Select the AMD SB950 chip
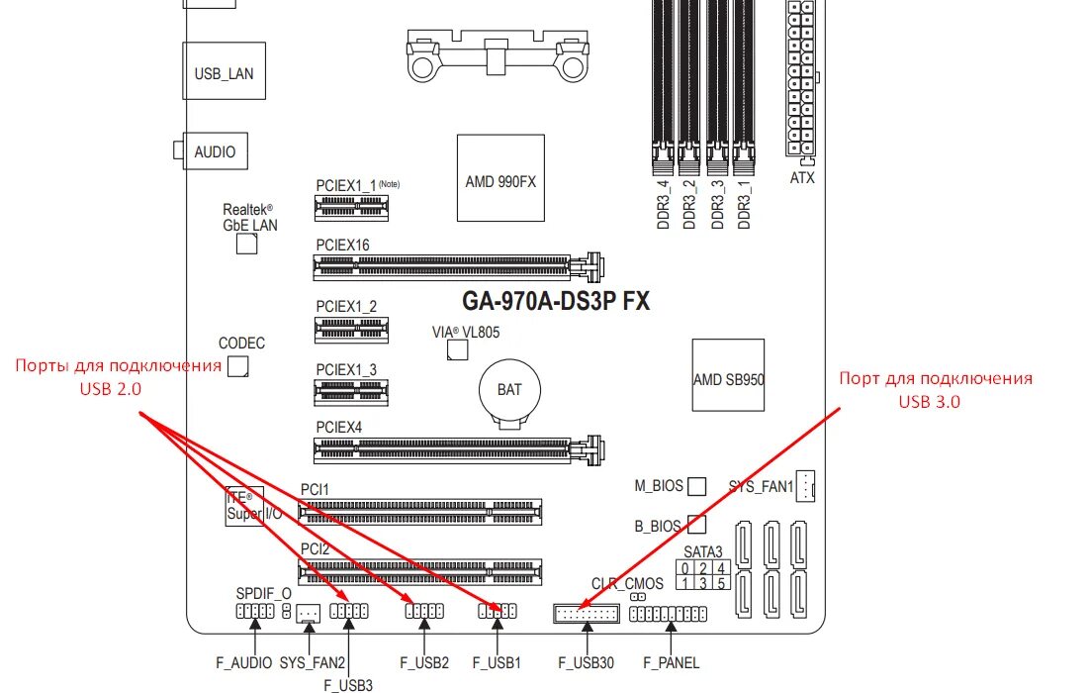click(x=728, y=377)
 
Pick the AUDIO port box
click(x=215, y=151)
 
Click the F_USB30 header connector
click(x=586, y=614)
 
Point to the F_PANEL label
click(x=671, y=662)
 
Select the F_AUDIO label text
click(x=243, y=662)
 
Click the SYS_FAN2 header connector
click(x=308, y=614)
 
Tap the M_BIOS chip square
click(x=697, y=486)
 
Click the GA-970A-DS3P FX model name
click(x=556, y=301)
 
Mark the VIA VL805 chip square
click(x=457, y=350)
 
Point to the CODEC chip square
click(x=237, y=367)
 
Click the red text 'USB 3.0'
click(x=929, y=401)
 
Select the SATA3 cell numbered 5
click(x=722, y=584)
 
